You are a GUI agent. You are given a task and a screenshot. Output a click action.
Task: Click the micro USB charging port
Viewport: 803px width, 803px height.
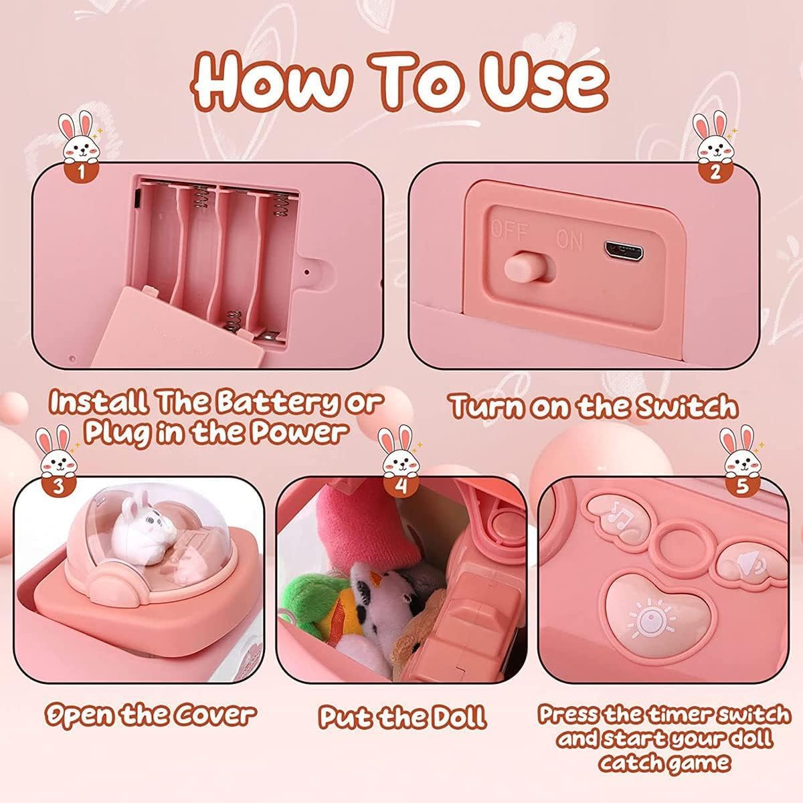click(624, 252)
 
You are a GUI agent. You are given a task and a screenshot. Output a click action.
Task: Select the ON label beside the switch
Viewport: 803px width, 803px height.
click(569, 240)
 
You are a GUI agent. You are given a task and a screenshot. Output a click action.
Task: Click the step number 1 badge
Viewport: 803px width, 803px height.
click(81, 172)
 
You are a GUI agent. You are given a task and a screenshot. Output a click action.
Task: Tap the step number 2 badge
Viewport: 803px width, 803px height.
click(715, 172)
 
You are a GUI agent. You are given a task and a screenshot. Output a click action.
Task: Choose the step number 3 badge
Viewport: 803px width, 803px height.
click(59, 485)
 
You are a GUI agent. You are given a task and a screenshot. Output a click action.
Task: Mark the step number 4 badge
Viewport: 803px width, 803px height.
click(400, 485)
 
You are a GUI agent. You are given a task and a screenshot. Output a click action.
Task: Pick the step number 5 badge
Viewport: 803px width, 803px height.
click(742, 485)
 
